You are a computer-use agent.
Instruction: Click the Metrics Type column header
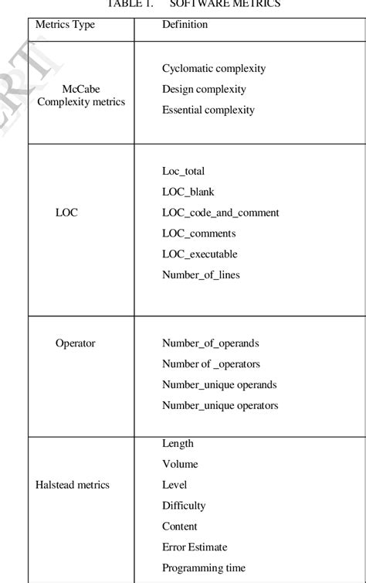(65, 25)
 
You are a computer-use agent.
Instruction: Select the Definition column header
(185, 25)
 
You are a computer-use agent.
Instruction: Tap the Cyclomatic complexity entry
(214, 69)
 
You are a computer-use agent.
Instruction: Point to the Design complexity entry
(204, 90)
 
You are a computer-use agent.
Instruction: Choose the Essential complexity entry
(208, 111)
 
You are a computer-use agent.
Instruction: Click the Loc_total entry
(183, 171)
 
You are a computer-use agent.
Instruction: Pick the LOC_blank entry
(188, 192)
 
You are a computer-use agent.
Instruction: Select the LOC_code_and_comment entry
(220, 213)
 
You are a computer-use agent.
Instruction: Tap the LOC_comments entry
(198, 234)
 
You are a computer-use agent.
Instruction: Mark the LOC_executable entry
(199, 254)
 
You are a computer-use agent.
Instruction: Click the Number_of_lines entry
(201, 275)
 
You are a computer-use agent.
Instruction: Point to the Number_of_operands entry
(210, 343)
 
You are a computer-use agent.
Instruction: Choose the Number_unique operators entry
(220, 406)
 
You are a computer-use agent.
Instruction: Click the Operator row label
(75, 343)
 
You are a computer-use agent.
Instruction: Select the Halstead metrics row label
(73, 486)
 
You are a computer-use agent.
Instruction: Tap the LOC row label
(66, 213)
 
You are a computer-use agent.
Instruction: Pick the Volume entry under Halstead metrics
(180, 465)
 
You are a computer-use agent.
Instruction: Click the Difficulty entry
(184, 506)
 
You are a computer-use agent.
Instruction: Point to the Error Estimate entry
(195, 547)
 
